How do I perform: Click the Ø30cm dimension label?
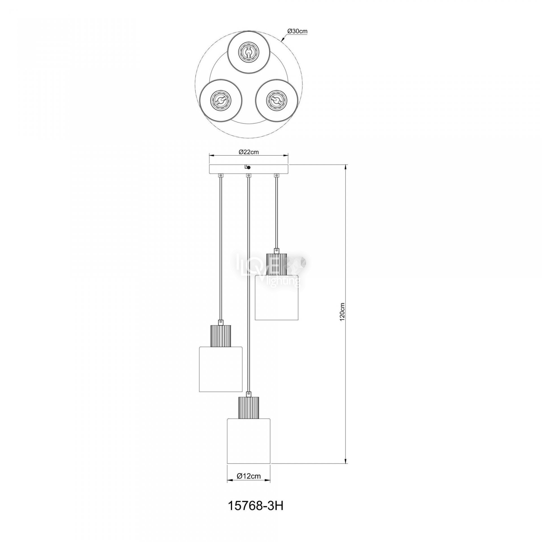[x=297, y=32]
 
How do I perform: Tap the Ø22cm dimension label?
[x=248, y=152]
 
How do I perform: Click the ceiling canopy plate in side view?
[x=248, y=169]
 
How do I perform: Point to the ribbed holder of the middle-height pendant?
[x=221, y=335]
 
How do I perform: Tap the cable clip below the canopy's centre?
[x=248, y=176]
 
